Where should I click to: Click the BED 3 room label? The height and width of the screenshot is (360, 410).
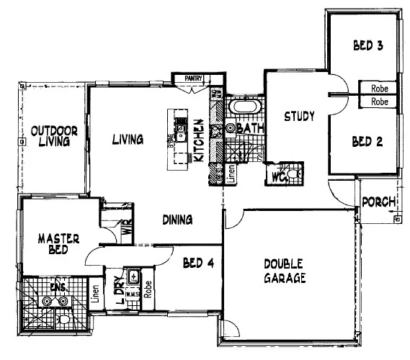(x=367, y=46)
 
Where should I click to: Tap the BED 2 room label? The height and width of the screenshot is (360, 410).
(x=367, y=142)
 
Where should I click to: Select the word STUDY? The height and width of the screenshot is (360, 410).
(x=298, y=116)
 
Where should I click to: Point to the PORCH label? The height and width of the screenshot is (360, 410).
(x=378, y=202)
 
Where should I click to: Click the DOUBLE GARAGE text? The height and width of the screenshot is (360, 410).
(x=285, y=271)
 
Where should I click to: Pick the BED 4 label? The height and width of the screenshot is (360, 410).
(x=198, y=264)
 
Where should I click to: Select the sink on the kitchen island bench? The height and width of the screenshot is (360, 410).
(x=183, y=130)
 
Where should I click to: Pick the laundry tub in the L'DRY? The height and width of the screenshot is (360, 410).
(x=133, y=276)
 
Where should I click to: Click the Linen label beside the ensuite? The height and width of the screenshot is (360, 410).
(x=95, y=294)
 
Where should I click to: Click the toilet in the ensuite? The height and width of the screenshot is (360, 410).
(x=64, y=318)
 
